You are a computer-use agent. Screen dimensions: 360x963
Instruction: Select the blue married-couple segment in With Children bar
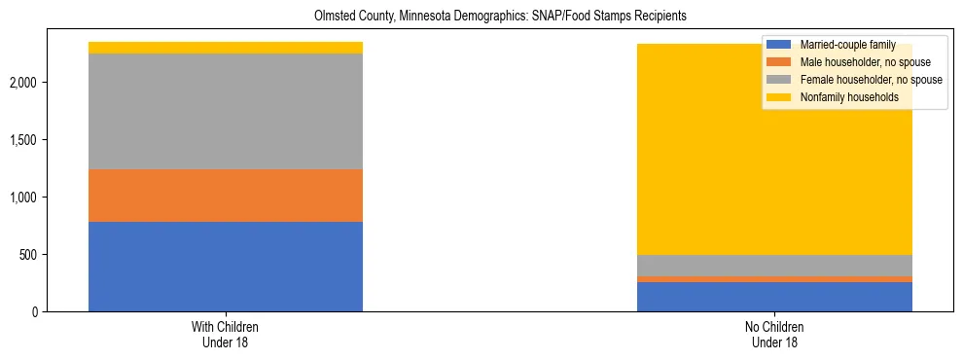[225, 267]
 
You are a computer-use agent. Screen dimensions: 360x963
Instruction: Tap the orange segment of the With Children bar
[225, 196]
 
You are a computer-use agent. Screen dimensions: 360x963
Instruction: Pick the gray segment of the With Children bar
[225, 111]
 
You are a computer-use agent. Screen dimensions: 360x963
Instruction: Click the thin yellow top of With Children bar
[225, 48]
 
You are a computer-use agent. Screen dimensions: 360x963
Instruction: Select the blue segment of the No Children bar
[774, 297]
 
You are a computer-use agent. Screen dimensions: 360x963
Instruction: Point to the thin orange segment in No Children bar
[774, 279]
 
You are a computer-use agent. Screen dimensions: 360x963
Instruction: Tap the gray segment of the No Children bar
[774, 266]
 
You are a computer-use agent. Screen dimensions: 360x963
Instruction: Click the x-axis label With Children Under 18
[225, 334]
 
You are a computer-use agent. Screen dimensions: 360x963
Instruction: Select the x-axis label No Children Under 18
[774, 334]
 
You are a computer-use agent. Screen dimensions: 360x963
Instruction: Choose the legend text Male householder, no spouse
[857, 62]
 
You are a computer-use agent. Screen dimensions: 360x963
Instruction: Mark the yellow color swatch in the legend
[779, 97]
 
